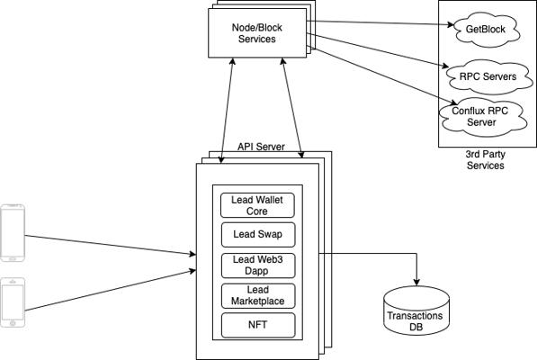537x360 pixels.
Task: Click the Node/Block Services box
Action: point(257,33)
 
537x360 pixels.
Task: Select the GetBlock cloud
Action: point(486,30)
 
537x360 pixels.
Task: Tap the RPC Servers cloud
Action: point(488,76)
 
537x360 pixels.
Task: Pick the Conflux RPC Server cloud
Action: point(482,117)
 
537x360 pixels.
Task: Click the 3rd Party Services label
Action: point(486,159)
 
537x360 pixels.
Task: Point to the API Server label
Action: point(261,147)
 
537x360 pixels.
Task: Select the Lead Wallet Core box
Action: point(257,205)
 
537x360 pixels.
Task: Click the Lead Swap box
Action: point(258,235)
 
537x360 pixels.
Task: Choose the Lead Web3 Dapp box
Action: point(258,265)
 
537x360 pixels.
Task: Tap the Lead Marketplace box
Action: point(258,295)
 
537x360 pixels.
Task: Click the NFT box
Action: point(258,325)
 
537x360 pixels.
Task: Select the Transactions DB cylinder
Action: point(416,310)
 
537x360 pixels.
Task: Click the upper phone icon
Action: point(13,232)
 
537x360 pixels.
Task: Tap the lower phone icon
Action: point(13,302)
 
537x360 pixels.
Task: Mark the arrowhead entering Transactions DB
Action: point(416,282)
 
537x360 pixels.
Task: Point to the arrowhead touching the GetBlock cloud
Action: point(451,24)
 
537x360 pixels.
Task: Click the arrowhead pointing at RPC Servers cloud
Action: point(445,66)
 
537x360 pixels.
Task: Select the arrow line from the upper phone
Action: point(111,245)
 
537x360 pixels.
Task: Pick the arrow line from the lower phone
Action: point(111,291)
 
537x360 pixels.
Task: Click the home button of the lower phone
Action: point(13,323)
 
